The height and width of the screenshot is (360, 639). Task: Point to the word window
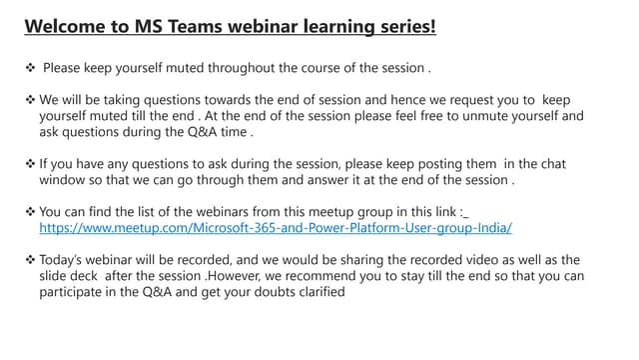62,181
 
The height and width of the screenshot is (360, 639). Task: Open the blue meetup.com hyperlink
276,228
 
